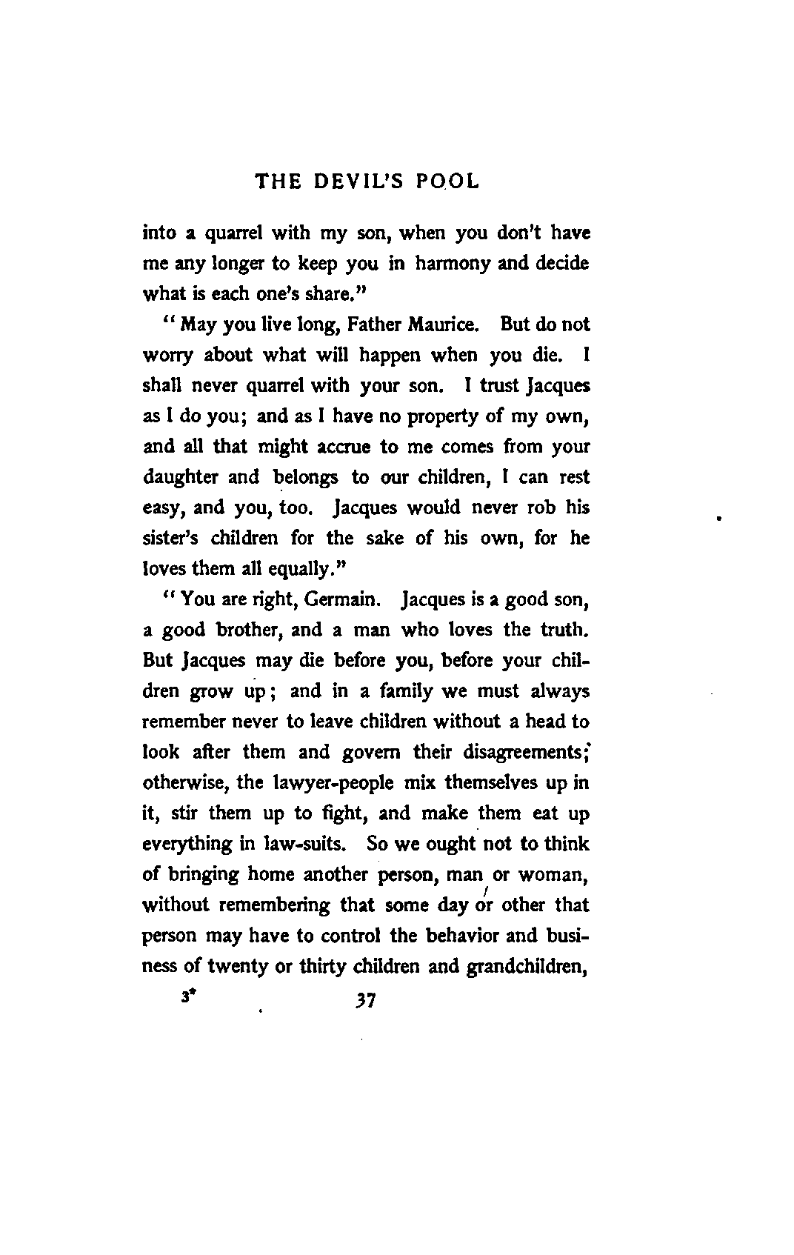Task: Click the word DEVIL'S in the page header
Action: click(356, 182)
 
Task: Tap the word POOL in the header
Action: click(447, 182)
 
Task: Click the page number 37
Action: click(365, 1002)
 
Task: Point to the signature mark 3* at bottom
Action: click(185, 997)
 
